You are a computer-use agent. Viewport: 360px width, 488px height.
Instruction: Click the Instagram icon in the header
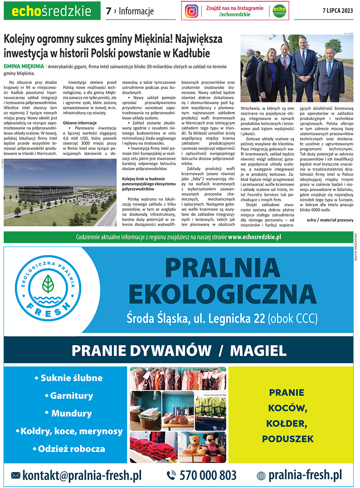[x=192, y=11]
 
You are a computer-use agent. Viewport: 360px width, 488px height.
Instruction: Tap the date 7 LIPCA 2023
[x=337, y=11]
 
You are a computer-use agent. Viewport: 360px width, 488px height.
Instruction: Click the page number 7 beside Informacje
[x=108, y=11]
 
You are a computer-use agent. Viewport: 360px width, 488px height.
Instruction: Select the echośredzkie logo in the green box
[x=52, y=11]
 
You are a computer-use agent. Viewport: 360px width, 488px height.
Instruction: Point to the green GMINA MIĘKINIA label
[x=24, y=66]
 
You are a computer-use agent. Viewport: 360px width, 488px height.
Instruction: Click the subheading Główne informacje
[x=80, y=123]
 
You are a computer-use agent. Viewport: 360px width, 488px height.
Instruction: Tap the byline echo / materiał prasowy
[x=330, y=220]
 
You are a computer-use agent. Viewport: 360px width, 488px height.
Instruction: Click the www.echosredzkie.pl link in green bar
[x=255, y=237]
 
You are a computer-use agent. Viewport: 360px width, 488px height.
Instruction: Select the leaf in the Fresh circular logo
[x=48, y=284]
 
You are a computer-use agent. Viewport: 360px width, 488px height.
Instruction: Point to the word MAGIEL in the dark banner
[x=258, y=351]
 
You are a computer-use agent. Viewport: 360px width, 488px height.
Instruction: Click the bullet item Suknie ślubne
[x=69, y=378]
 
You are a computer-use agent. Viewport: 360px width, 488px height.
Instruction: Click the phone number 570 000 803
[x=208, y=475]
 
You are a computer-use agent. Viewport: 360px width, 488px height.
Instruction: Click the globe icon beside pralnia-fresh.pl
[x=261, y=476]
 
